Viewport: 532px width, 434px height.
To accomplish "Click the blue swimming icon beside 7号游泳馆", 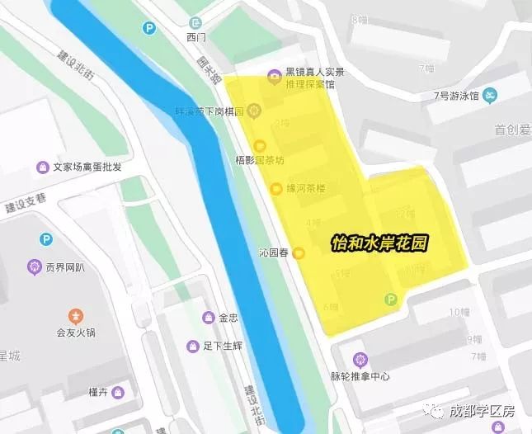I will [489, 95].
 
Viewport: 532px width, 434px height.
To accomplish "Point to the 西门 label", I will [195, 38].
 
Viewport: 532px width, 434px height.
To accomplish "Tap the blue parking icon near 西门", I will [149, 28].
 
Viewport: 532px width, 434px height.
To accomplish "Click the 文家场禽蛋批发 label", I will [87, 167].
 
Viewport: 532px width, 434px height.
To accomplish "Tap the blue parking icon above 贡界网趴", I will [46, 239].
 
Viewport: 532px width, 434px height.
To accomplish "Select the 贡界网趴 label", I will [65, 267].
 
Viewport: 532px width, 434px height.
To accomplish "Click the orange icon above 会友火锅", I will [76, 316].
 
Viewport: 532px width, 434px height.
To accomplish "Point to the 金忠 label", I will [228, 318].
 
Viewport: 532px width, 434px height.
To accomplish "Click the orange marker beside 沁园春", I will [299, 253].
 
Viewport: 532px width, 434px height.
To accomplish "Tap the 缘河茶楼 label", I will [306, 189].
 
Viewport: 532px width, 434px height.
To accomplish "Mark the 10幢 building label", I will [459, 312].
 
